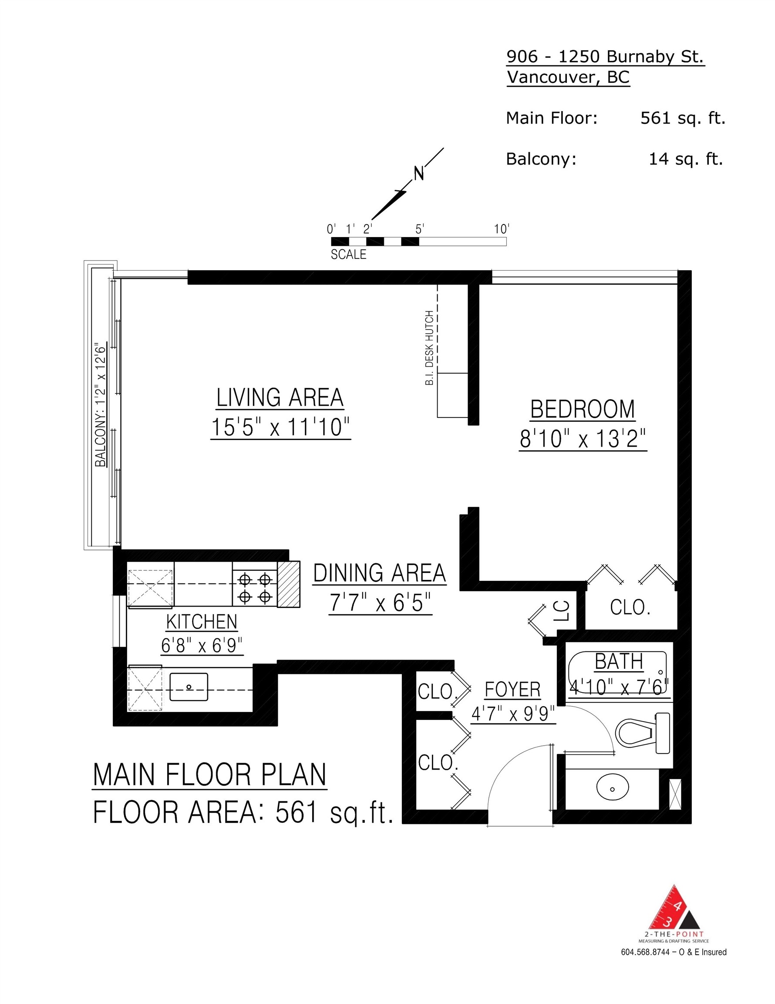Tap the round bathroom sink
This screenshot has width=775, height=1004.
612,788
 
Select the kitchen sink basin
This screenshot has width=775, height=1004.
189,687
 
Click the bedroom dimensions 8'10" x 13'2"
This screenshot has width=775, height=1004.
583,439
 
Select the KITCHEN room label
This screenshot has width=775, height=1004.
202,621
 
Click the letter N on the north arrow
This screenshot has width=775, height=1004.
418,174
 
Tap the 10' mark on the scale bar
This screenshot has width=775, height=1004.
502,229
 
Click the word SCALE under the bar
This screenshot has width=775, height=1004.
348,254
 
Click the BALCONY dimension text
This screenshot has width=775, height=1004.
100,404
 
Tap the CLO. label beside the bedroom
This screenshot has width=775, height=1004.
630,608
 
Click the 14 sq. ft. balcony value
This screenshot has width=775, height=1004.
685,159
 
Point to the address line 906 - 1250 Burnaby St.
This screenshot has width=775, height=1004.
605,57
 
